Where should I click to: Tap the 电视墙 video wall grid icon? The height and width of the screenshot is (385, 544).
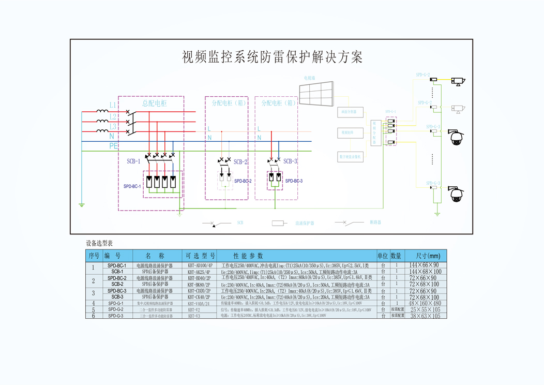click(317, 95)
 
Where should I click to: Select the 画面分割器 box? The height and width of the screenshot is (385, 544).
click(350, 112)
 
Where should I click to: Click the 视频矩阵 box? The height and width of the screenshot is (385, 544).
click(350, 133)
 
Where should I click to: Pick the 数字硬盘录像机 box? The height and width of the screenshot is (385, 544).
click(350, 156)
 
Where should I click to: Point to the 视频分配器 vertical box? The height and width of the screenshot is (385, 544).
click(376, 133)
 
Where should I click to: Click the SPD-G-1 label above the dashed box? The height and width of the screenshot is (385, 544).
click(390, 112)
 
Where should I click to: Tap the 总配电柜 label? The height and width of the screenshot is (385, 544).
click(155, 103)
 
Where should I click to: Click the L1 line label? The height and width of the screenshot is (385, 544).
click(113, 105)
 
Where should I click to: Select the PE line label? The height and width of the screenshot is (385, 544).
click(113, 146)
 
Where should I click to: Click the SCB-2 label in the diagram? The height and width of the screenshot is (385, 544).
click(240, 162)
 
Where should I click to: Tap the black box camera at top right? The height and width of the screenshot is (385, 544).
click(458, 81)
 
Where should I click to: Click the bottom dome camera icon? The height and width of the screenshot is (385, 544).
click(456, 194)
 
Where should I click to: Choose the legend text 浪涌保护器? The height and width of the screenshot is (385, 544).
click(305, 224)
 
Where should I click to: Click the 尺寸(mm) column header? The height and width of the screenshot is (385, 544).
click(424, 256)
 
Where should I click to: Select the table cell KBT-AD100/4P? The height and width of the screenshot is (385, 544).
click(200, 265)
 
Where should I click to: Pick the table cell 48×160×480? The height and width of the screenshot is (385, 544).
click(425, 303)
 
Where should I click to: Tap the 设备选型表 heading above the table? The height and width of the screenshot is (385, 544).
click(99, 243)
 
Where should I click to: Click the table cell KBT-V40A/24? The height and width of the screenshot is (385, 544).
click(199, 303)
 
